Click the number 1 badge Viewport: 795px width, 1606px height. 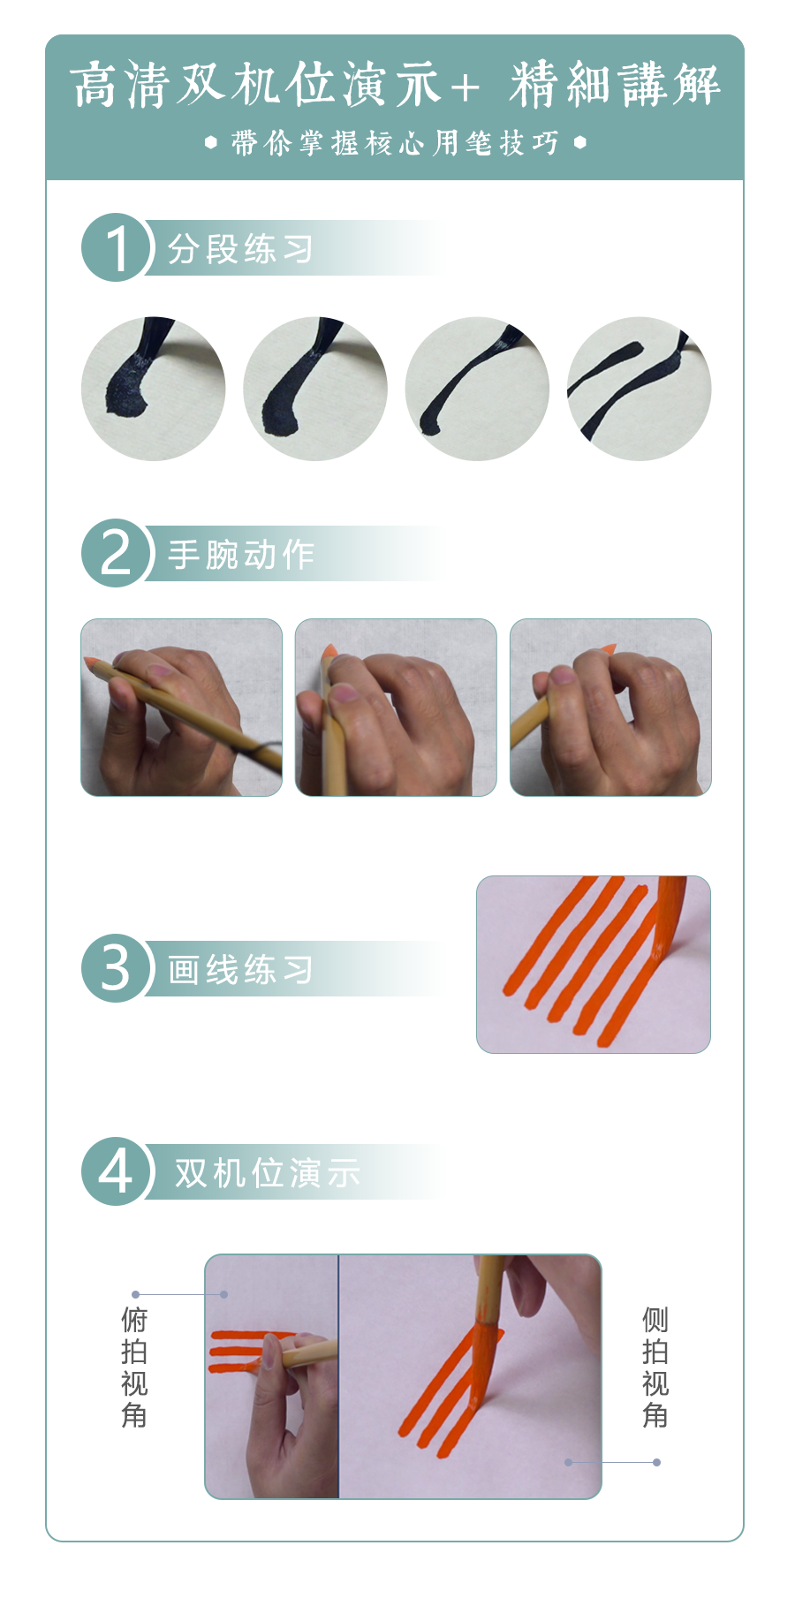coord(116,247)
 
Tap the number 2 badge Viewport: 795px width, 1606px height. coord(116,553)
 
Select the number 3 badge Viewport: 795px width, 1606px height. coord(116,968)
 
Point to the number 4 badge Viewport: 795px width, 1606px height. coord(116,1171)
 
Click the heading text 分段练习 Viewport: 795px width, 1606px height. coord(240,249)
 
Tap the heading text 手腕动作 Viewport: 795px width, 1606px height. coord(240,555)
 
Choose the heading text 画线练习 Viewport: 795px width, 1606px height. coord(240,970)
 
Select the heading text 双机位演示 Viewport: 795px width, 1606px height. coord(267,1173)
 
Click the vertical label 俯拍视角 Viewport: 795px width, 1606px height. coord(134,1367)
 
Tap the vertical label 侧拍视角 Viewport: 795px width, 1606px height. coord(655,1367)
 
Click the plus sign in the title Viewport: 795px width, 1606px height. coord(465,87)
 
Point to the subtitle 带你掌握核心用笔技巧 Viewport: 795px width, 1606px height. coord(395,142)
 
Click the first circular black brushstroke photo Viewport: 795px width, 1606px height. coord(153,389)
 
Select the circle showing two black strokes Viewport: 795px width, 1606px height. coord(639,389)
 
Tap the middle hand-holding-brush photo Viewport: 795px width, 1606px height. coord(396,708)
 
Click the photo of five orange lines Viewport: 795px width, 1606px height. coord(594,965)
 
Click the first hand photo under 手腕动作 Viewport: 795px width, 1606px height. coord(181,708)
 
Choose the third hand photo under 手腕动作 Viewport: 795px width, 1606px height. coord(610,708)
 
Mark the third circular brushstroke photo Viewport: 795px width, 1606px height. coord(477,389)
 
